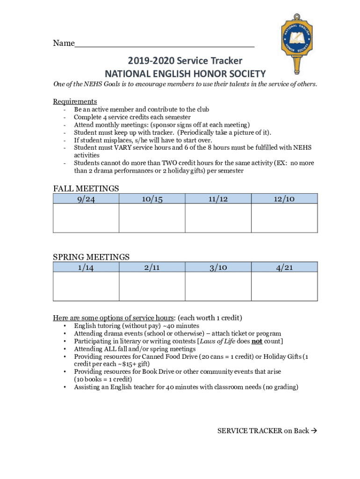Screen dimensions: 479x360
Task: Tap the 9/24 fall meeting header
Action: pyautogui.click(x=86, y=199)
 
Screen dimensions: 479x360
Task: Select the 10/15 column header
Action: pyautogui.click(x=152, y=199)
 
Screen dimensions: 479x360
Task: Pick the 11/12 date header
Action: pyautogui.click(x=218, y=199)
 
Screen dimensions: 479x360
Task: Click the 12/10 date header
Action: pyautogui.click(x=284, y=199)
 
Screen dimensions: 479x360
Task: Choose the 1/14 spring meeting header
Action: pyautogui.click(x=86, y=267)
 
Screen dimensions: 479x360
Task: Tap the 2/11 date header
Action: pyautogui.click(x=152, y=267)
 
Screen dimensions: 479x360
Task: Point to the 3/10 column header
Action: pyautogui.click(x=218, y=267)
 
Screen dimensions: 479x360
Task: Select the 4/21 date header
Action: pyautogui.click(x=284, y=267)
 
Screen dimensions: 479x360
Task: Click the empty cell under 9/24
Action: pyautogui.click(x=86, y=218)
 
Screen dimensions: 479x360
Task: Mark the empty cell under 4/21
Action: pyautogui.click(x=284, y=286)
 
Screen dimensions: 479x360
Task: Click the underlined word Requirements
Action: pyautogui.click(x=75, y=102)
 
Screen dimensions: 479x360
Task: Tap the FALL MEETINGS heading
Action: pyautogui.click(x=86, y=189)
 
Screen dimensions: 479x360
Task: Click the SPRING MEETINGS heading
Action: pyautogui.click(x=91, y=257)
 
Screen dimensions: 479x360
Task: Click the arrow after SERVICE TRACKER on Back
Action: pyautogui.click(x=314, y=431)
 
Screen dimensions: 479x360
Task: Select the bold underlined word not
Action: pyautogui.click(x=257, y=341)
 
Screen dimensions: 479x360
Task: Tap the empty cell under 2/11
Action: pyautogui.click(x=152, y=286)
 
